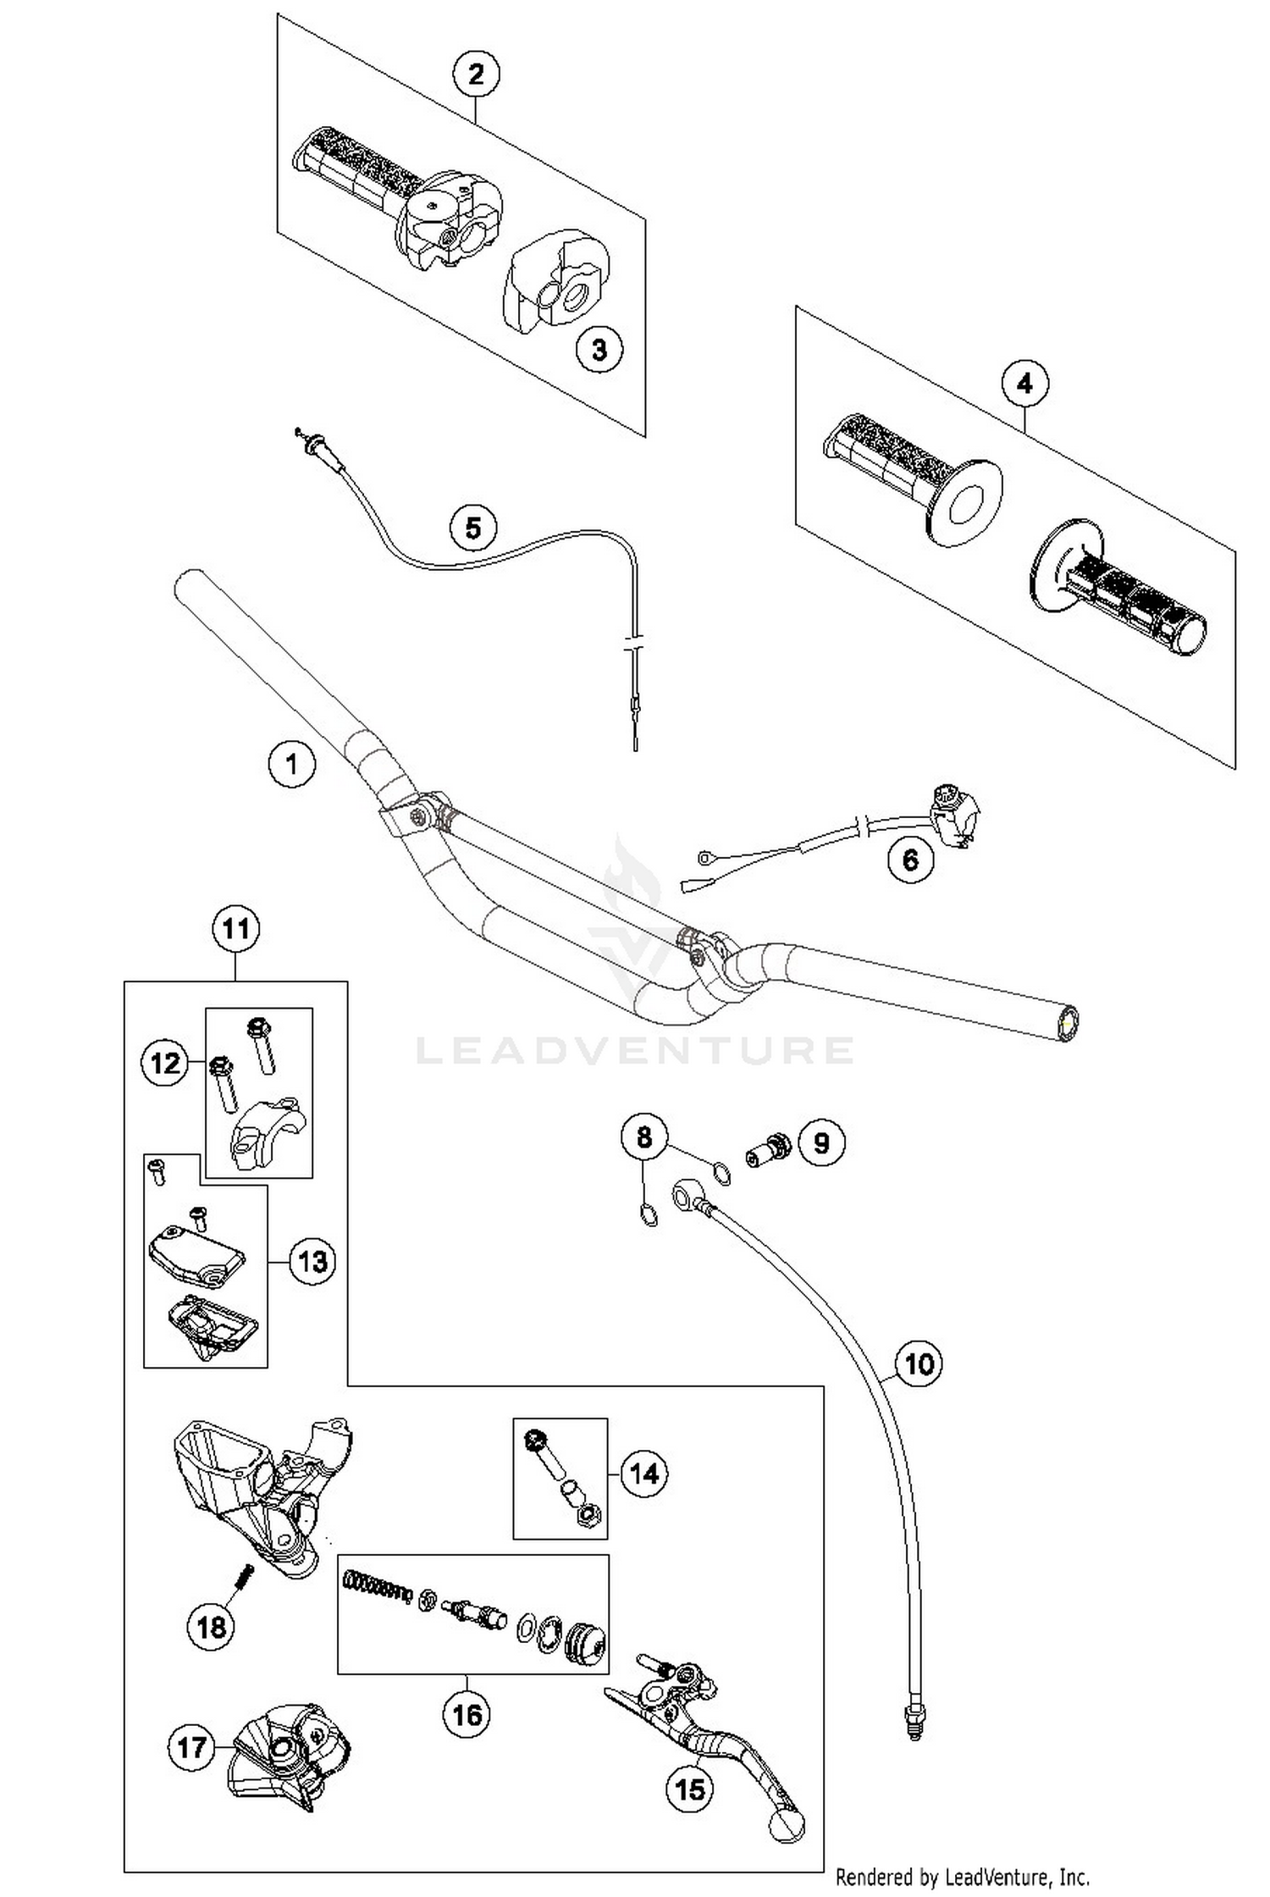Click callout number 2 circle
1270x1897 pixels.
coord(476,75)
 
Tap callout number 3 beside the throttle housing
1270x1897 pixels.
coord(599,349)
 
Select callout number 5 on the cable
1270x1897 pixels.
coord(473,528)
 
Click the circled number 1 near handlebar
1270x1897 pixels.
coord(292,764)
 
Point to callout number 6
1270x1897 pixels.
coord(910,860)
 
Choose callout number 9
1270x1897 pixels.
coord(821,1143)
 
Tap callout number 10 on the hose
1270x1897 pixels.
coord(919,1363)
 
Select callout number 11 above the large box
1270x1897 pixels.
coord(235,928)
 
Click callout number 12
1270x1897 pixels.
coord(164,1062)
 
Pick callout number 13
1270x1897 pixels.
coord(312,1261)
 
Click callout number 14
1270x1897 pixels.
coord(644,1474)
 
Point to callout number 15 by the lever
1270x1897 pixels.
coord(690,1789)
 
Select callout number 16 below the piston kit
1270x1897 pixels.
coord(467,1715)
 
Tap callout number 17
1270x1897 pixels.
coord(191,1747)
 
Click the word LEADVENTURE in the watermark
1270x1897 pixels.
coord(635,1051)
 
